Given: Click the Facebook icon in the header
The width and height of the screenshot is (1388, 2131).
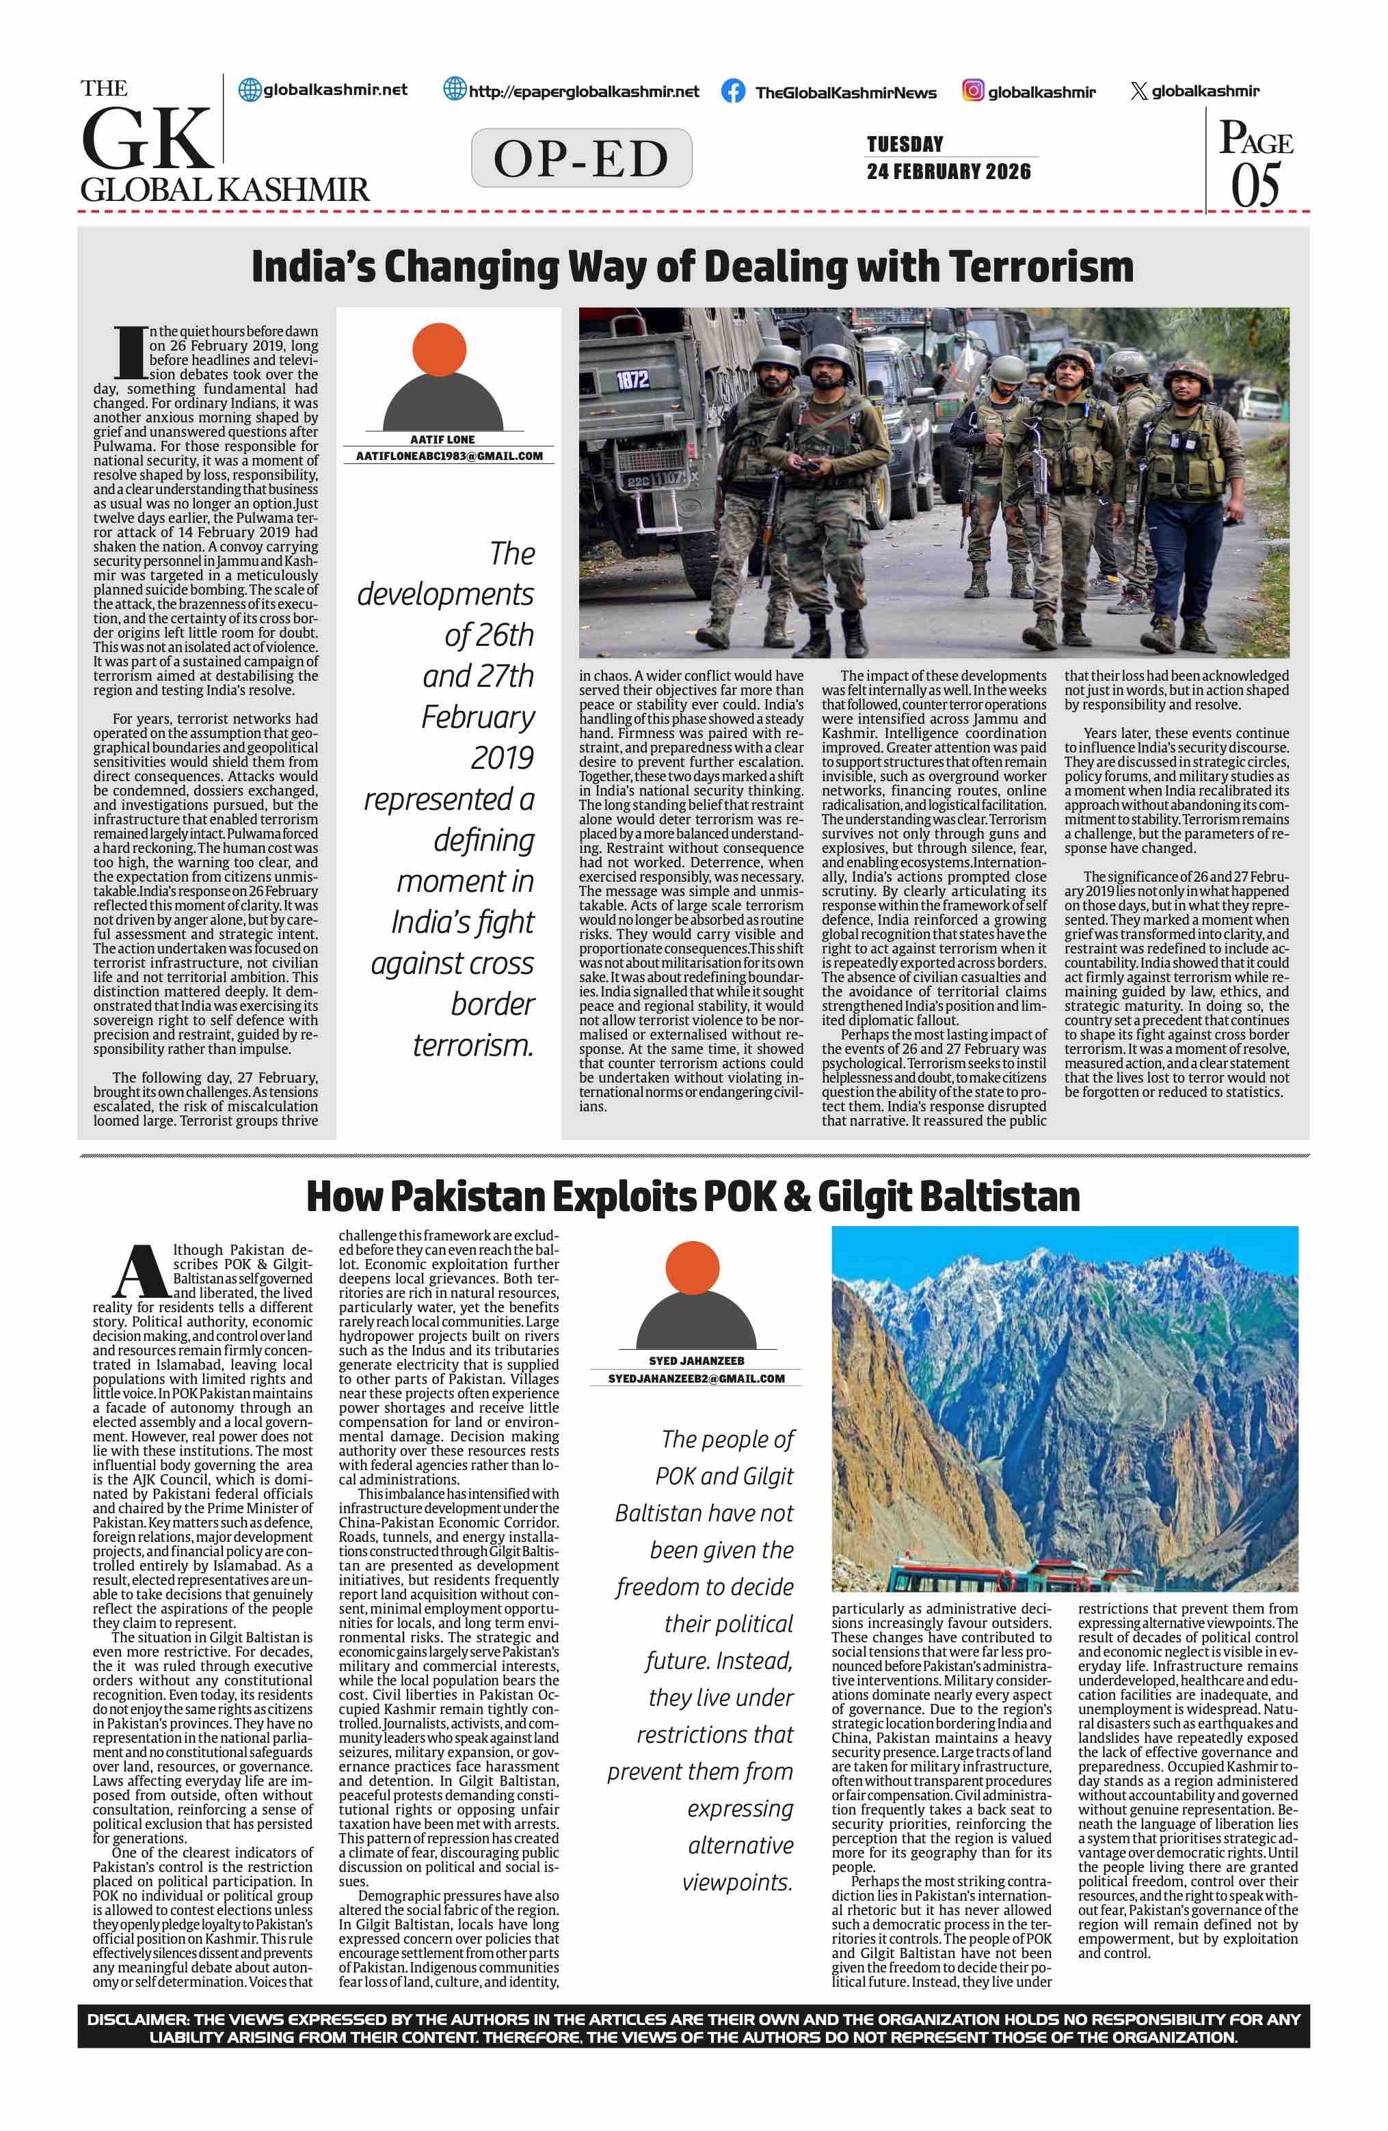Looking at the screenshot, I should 732,92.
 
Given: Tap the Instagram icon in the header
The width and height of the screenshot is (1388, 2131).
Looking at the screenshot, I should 972,90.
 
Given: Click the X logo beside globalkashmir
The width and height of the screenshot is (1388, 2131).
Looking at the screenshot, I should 1138,92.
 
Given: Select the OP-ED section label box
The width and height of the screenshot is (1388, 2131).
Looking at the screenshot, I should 581,159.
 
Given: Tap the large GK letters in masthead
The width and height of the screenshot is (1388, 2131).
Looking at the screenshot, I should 148,139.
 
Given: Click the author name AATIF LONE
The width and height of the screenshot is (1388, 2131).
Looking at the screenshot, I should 442,439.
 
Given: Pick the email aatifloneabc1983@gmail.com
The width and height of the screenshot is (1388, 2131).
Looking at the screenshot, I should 449,456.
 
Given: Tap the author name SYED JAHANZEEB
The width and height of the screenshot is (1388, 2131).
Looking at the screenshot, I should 696,1361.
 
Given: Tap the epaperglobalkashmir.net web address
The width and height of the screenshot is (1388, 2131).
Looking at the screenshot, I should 583,92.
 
